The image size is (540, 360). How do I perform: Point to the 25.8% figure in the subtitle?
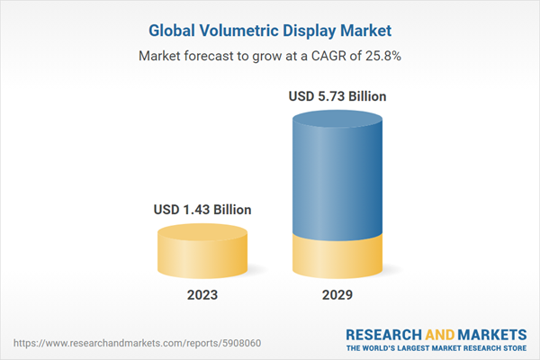click(382, 56)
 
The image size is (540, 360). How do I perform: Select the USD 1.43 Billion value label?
click(202, 210)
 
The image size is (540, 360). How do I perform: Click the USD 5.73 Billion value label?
click(338, 95)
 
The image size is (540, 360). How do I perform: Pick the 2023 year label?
click(202, 295)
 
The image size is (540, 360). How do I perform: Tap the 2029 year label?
click(338, 295)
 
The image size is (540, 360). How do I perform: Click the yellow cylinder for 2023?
click(202, 256)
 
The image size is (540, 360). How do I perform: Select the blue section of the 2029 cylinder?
click(338, 180)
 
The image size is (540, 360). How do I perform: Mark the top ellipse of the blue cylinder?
click(338, 119)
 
